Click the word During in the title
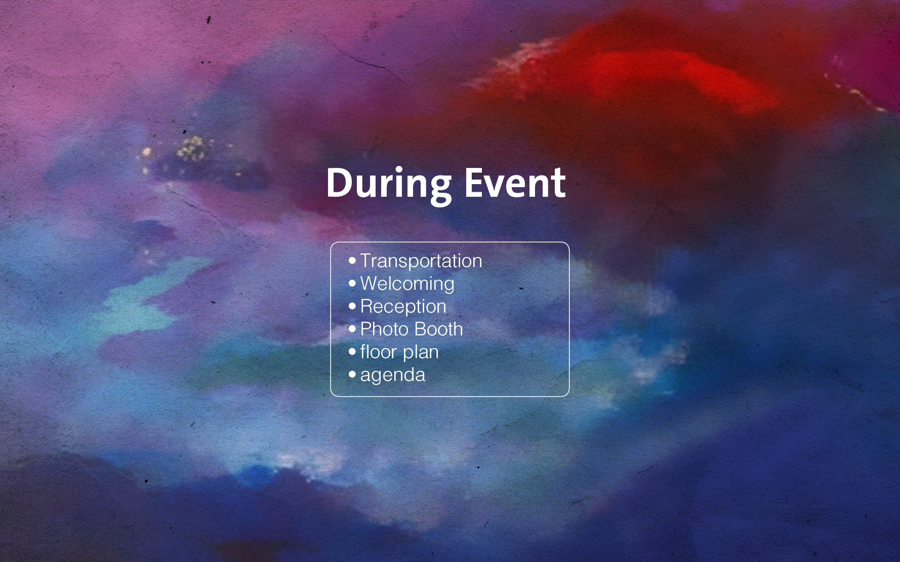point(389,185)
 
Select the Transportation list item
point(421,261)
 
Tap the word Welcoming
point(407,284)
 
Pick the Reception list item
point(403,307)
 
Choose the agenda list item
point(393,375)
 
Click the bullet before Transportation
point(352,261)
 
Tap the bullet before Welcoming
point(352,284)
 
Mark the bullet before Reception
point(352,307)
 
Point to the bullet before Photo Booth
point(352,329)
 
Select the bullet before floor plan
point(352,352)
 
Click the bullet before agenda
point(352,375)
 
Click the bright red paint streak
point(673,76)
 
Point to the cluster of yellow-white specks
point(190,148)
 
